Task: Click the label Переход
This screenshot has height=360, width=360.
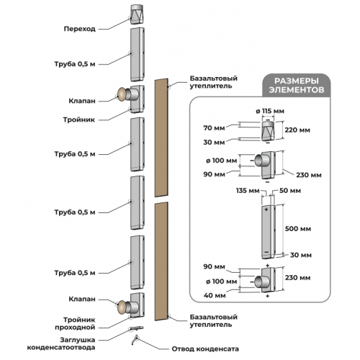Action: pyautogui.click(x=80, y=29)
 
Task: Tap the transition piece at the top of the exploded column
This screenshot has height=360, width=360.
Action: pyautogui.click(x=137, y=14)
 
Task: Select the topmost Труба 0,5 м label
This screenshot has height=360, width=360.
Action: pyautogui.click(x=75, y=64)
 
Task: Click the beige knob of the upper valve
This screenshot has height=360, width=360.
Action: pyautogui.click(x=122, y=94)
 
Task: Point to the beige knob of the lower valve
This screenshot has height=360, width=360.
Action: pyautogui.click(x=122, y=307)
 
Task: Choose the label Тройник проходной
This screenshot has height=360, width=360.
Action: pyautogui.click(x=75, y=323)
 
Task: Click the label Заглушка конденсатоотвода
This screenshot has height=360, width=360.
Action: pyautogui.click(x=61, y=343)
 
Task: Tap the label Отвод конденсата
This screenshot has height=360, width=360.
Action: pyautogui.click(x=205, y=348)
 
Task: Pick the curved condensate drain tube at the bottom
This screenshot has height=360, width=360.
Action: pyautogui.click(x=135, y=341)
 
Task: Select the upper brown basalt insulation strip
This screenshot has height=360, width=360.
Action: pyautogui.click(x=161, y=138)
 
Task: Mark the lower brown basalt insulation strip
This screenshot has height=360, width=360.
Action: pyautogui.click(x=161, y=261)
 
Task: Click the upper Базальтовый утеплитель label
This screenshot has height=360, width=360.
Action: pyautogui.click(x=214, y=82)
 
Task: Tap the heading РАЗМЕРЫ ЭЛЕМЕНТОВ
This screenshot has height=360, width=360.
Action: pyautogui.click(x=297, y=85)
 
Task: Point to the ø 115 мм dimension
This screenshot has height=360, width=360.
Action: pyautogui.click(x=270, y=111)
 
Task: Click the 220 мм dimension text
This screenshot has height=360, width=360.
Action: pyautogui.click(x=297, y=130)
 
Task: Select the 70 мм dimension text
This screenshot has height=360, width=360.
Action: pyautogui.click(x=214, y=128)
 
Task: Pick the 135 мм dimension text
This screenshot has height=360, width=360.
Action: pyautogui.click(x=248, y=191)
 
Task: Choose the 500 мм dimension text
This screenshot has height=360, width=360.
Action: pyautogui.click(x=298, y=229)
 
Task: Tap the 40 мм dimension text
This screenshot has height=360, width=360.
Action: pyautogui.click(x=215, y=295)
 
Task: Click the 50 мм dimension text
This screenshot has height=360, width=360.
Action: pyautogui.click(x=290, y=191)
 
